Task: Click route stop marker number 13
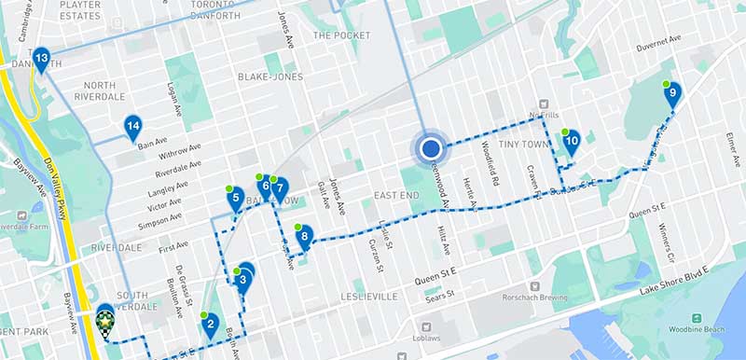pos(41,62)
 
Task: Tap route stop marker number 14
pos(133,127)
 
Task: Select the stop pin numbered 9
pos(672,93)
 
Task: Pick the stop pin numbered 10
pos(573,142)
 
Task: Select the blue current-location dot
pos(431,148)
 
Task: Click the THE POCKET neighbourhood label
pos(341,35)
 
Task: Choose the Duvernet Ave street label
pos(659,45)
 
